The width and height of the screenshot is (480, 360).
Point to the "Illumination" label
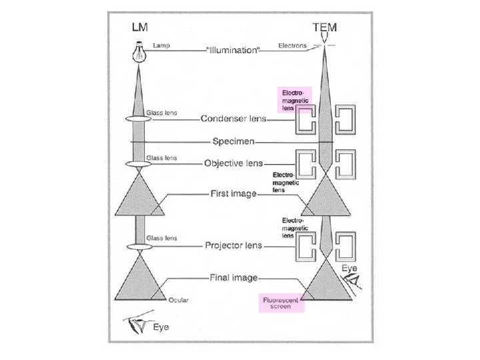[x=232, y=50]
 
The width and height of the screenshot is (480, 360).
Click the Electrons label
[x=293, y=45]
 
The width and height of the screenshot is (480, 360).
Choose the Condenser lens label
[x=233, y=119]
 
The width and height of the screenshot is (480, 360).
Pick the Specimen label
[x=232, y=141]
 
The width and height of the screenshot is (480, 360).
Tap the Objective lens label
[x=233, y=163]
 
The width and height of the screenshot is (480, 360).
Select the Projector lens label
[x=233, y=245]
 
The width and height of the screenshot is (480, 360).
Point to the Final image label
[x=233, y=277]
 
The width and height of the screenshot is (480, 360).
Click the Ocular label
[x=178, y=300]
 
